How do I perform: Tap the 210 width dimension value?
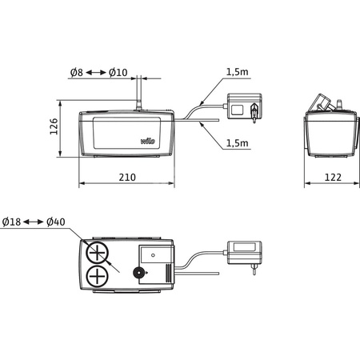(x=126, y=176)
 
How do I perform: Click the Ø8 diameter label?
(x=76, y=73)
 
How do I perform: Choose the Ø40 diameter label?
(x=56, y=221)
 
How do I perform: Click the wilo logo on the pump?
(x=149, y=141)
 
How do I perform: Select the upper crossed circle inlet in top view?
(x=98, y=254)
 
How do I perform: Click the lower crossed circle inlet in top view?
(x=98, y=278)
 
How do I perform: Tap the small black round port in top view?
(x=141, y=274)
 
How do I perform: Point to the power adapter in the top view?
(x=243, y=253)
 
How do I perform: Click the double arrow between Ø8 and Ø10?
(x=96, y=73)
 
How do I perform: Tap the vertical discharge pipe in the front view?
(x=138, y=92)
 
